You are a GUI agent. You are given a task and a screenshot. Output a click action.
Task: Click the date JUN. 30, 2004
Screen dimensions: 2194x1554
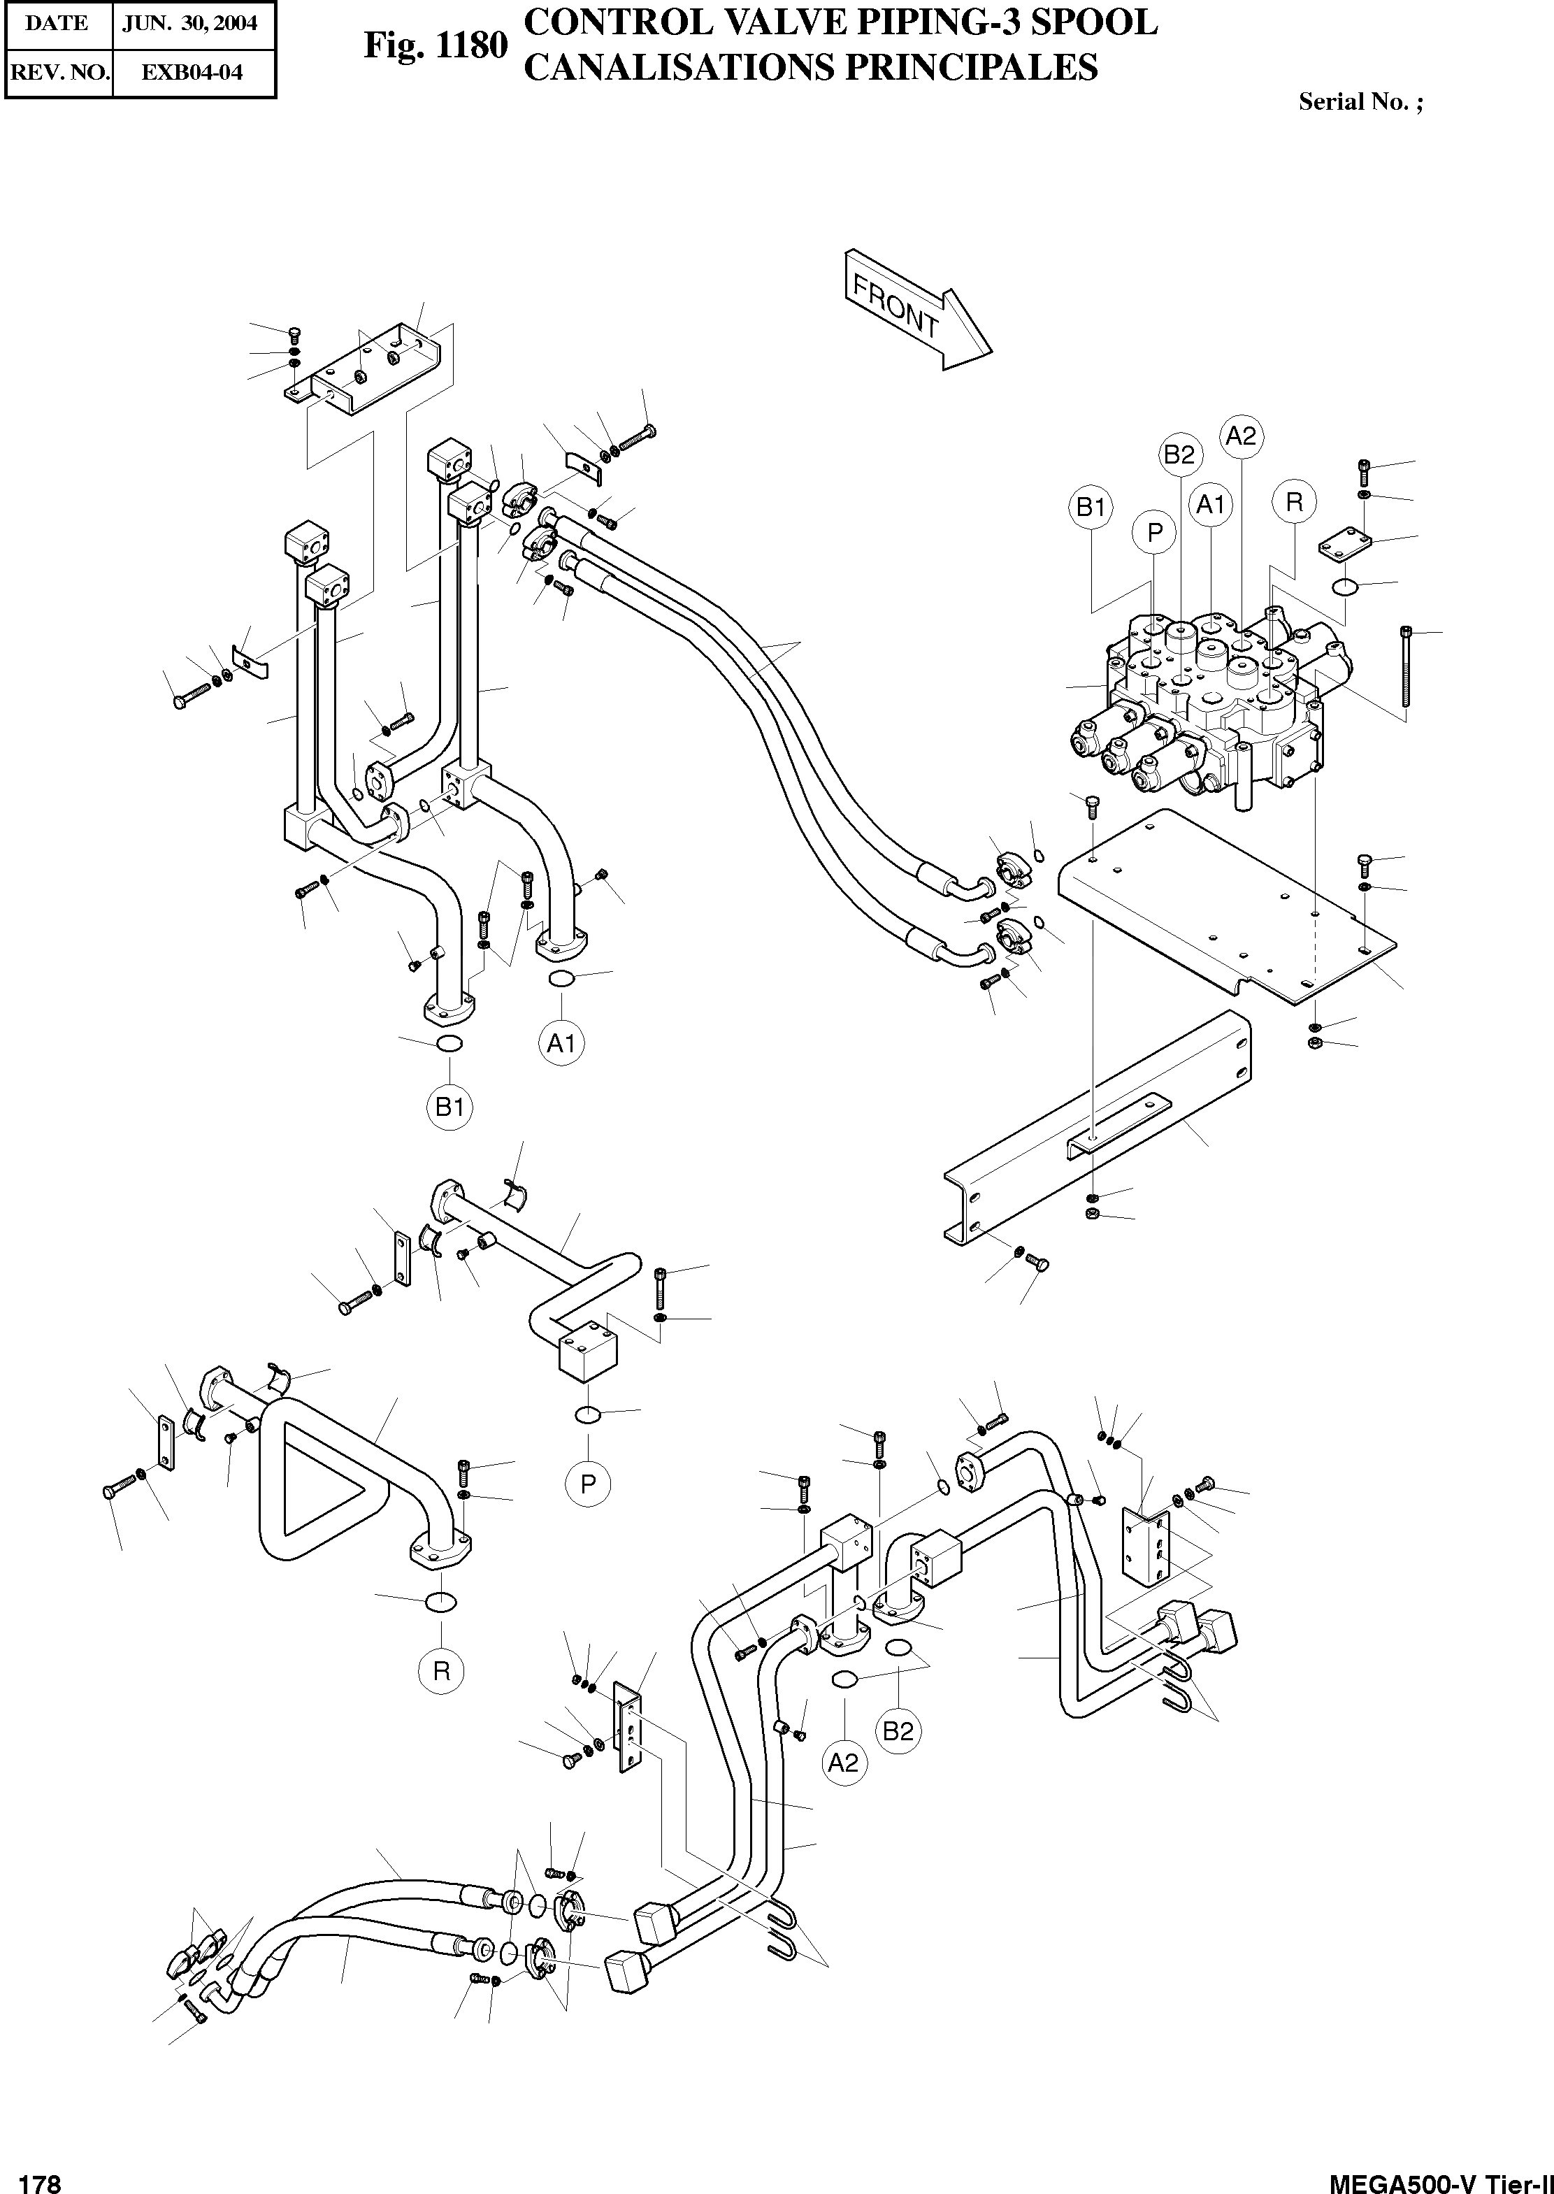coord(189,23)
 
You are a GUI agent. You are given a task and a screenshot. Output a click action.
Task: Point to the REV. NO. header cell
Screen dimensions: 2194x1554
coord(57,72)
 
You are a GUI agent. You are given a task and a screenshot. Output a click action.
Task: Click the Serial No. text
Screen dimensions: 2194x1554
coord(1359,102)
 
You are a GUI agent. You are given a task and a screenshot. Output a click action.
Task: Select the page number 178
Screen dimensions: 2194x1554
coord(40,2177)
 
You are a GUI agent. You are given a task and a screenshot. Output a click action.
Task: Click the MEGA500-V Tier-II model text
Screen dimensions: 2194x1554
coord(1440,2177)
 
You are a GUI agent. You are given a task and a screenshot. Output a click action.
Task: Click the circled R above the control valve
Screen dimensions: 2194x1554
coord(1294,501)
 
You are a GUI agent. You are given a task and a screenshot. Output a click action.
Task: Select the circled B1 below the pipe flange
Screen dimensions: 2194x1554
coord(449,1107)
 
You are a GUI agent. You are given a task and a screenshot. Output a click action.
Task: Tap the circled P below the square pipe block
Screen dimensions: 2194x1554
coord(587,1484)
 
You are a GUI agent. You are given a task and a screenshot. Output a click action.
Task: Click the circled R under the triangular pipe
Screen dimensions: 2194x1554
coord(441,1670)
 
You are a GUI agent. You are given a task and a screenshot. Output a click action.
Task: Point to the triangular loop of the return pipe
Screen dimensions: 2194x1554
coord(316,1498)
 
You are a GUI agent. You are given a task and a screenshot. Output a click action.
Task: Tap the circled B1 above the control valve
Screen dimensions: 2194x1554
coord(1091,507)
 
